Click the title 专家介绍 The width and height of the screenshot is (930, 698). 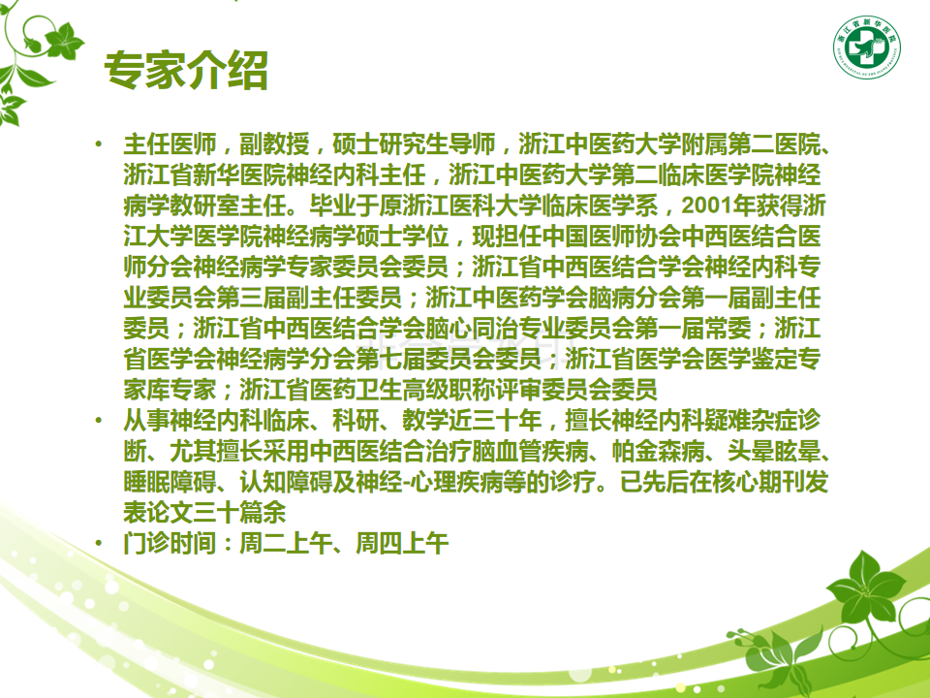(186, 71)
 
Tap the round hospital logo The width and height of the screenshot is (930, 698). (867, 48)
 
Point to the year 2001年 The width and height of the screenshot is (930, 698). (719, 206)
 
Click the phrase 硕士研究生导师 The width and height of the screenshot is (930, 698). (414, 144)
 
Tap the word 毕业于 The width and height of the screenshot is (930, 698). (344, 206)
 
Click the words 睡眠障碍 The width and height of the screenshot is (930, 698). (170, 482)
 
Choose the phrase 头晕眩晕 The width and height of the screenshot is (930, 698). (775, 451)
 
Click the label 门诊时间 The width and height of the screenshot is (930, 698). (170, 543)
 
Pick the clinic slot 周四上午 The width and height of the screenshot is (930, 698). (402, 543)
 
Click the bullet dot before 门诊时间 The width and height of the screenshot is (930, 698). (99, 543)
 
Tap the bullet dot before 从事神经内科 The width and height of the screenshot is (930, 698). (99, 420)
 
